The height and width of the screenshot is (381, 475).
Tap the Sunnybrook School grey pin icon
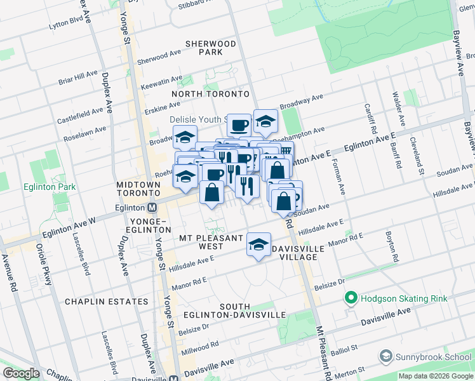[385, 356]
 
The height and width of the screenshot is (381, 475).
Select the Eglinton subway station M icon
[152, 208]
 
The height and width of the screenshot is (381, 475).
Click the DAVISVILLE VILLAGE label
[294, 253]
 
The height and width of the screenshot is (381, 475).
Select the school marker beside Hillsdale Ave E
[258, 244]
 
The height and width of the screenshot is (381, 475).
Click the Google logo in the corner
[21, 373]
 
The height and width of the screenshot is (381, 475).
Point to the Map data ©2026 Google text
[435, 376]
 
